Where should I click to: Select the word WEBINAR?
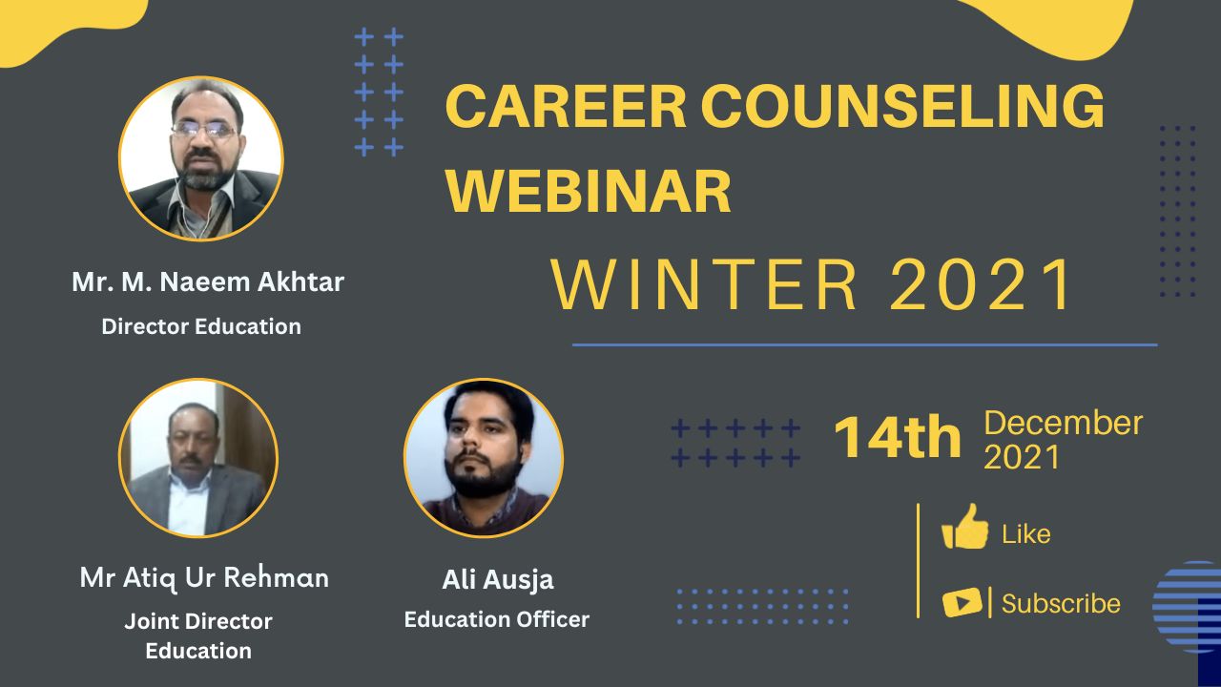pos(589,192)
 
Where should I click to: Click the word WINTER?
pos(704,284)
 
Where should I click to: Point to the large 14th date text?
pos(898,437)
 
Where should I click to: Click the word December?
pos(1063,423)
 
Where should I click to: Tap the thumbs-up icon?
pos(964,527)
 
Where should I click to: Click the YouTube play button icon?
pos(962,602)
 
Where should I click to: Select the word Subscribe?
pos(1061,604)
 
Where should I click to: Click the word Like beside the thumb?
pos(1026,533)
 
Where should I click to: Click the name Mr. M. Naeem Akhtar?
pos(208,281)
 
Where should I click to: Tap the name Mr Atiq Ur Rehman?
pos(204,577)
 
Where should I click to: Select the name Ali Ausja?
pos(498,579)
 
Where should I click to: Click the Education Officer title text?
pos(497,619)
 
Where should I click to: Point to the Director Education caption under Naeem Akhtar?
pos(201,326)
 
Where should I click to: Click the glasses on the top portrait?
pos(203,130)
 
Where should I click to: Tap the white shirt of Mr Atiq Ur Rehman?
pos(188,505)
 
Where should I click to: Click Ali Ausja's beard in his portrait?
pos(483,475)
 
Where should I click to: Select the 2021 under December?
pos(1022,456)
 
